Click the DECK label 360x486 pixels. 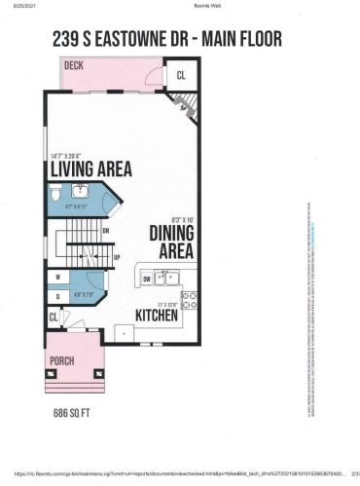click(73, 65)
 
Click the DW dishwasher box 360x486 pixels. click(146, 279)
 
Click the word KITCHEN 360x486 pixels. click(156, 317)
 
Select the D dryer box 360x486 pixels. click(58, 295)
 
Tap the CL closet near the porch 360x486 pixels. click(54, 318)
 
